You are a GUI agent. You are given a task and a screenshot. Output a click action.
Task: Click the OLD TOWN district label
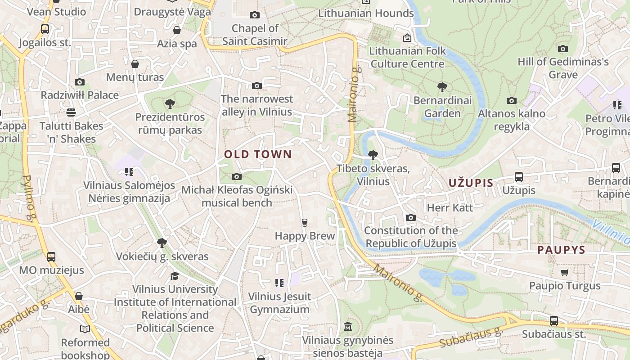[258, 154]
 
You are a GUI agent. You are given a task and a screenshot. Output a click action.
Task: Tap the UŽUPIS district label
[471, 183]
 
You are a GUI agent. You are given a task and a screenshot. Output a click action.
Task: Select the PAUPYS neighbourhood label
[561, 250]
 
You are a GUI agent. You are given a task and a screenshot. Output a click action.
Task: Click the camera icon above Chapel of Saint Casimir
[255, 15]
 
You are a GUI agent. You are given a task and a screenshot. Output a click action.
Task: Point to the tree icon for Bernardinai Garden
[442, 87]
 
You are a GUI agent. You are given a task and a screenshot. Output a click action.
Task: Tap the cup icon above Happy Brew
[305, 223]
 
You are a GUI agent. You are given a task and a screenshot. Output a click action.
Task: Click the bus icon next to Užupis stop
[519, 177]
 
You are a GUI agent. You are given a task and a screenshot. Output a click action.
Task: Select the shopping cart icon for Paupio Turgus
[565, 272]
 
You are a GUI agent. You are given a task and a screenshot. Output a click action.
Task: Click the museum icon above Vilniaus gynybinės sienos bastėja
[348, 326]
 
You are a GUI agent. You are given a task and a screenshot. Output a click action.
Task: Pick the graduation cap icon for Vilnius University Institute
[175, 275]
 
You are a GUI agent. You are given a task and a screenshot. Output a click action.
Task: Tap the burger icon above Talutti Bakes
[71, 112]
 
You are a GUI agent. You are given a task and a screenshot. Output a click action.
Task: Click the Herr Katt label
[450, 207]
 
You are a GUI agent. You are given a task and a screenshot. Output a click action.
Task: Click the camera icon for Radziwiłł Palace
[80, 82]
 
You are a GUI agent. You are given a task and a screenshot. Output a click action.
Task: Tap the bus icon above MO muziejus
[51, 257]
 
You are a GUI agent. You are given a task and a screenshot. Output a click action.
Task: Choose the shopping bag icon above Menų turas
[135, 64]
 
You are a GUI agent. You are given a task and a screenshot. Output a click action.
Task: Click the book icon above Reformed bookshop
[85, 329]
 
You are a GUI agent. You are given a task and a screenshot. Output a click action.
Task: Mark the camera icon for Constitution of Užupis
[410, 218]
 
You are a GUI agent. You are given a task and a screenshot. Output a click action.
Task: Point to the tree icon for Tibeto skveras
[373, 155]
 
